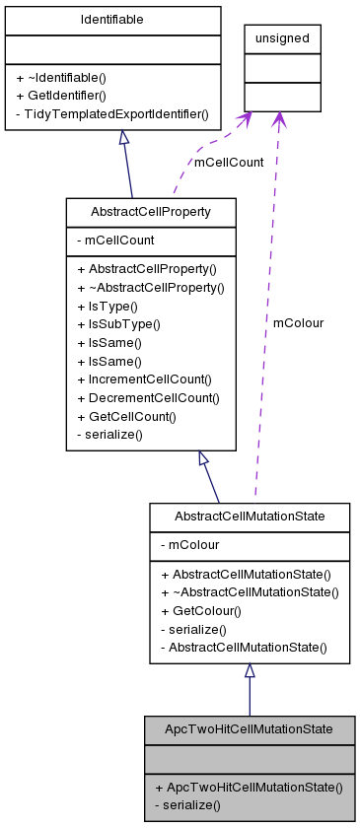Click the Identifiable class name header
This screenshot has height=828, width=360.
pyautogui.click(x=113, y=19)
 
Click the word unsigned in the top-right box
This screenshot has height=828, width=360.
pyautogui.click(x=283, y=38)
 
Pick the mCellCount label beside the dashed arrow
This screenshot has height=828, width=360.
pyautogui.click(x=229, y=163)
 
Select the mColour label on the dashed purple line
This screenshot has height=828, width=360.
pyautogui.click(x=298, y=322)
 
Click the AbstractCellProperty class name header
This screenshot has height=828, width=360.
pyautogui.click(x=150, y=212)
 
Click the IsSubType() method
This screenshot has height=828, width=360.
pyautogui.click(x=117, y=323)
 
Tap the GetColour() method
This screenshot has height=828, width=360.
pyautogui.click(x=200, y=610)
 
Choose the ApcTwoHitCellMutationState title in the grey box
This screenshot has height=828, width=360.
pyautogui.click(x=249, y=729)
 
